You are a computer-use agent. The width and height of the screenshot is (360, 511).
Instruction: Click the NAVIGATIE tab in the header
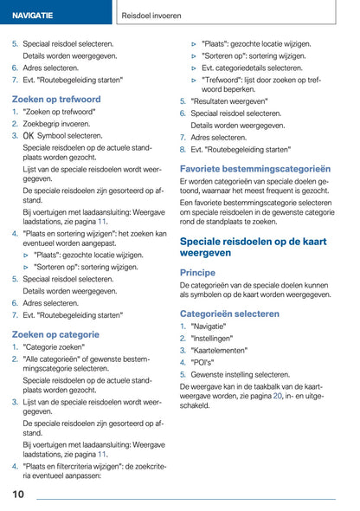tap(33, 16)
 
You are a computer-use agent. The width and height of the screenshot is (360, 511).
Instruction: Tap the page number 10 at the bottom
tap(18, 495)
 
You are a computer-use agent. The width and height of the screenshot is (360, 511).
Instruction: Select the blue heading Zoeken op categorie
tap(55, 333)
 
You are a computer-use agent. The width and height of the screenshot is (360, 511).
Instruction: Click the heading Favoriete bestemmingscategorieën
tap(255, 168)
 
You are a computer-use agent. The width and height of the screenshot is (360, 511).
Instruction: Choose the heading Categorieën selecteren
tap(229, 313)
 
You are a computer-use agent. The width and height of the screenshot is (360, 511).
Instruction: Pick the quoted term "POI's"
tap(204, 363)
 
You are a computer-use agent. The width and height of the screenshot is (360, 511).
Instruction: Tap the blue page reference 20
tap(277, 395)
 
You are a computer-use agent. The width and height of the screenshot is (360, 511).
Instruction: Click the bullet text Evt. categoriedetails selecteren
tap(252, 67)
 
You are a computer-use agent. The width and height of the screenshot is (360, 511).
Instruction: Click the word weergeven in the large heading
tap(205, 253)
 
